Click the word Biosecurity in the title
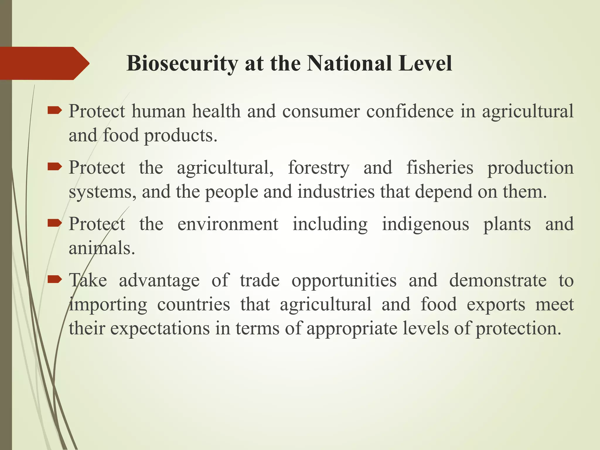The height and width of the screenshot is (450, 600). (182, 63)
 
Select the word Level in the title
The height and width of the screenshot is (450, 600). (425, 63)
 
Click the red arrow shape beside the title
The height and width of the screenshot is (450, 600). (44, 63)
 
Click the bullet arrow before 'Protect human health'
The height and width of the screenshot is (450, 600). (54, 110)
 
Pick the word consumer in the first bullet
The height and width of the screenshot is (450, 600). (321, 112)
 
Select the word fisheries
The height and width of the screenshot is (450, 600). (439, 168)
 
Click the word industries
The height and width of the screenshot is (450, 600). (336, 192)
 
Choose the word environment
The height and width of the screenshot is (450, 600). (228, 224)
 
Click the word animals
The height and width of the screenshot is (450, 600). (102, 248)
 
